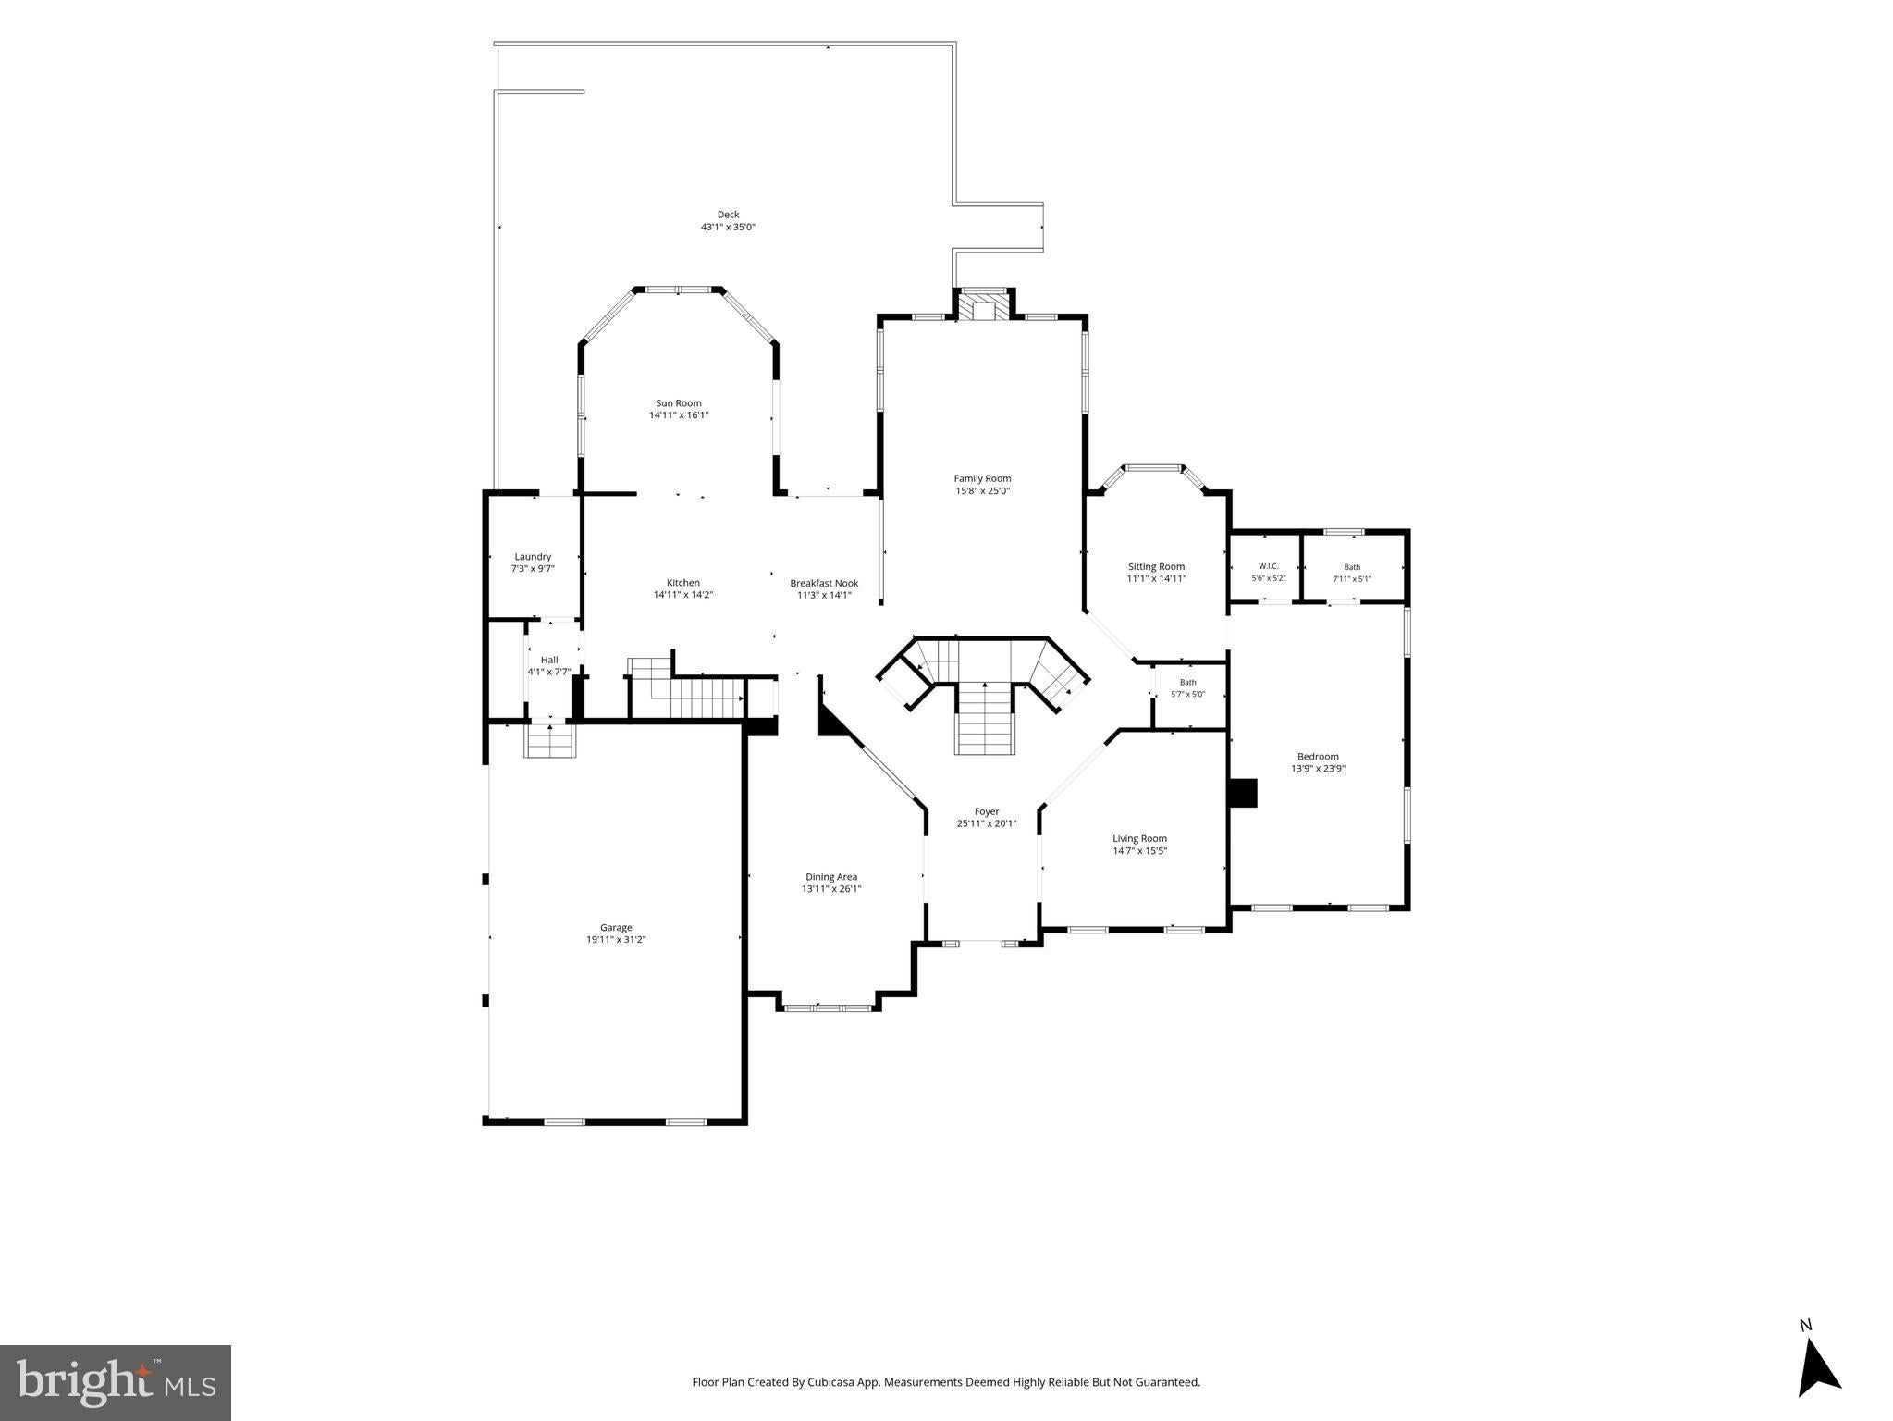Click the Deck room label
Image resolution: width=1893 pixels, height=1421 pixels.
(x=728, y=215)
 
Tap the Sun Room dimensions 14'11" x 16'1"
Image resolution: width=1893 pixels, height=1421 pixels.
(x=679, y=415)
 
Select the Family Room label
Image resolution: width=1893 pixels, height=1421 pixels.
(x=982, y=478)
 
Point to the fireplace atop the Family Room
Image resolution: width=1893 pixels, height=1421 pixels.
(x=983, y=306)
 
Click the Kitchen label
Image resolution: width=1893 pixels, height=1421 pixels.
(x=683, y=583)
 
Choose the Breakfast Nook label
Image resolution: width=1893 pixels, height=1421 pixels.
(x=824, y=583)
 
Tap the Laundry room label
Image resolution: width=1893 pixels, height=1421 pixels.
(x=533, y=557)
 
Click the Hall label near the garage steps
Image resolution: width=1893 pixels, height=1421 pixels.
(x=549, y=660)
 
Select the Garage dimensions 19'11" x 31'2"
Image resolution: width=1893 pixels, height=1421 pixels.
(x=616, y=939)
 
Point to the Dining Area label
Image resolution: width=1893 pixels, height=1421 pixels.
(x=831, y=877)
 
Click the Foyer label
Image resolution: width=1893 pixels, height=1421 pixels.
(x=987, y=811)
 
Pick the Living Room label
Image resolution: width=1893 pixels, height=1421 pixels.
(x=1139, y=839)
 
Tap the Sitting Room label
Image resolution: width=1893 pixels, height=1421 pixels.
(x=1156, y=567)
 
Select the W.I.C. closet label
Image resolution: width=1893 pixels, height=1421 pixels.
(x=1269, y=566)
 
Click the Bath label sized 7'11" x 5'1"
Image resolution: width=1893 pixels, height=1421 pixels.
(x=1352, y=567)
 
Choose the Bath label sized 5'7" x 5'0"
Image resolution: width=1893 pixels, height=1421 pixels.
(x=1187, y=683)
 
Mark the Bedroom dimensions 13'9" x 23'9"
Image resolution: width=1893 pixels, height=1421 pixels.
(x=1318, y=768)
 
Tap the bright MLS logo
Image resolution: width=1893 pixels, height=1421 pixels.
(x=116, y=1382)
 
